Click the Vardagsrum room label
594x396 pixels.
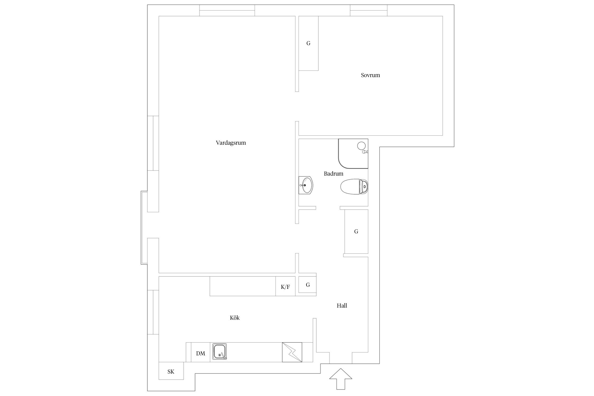point(231,143)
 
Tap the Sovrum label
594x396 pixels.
point(370,75)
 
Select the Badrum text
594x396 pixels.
point(333,173)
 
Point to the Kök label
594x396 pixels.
point(235,318)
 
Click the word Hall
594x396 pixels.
point(342,305)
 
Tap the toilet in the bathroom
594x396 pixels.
point(354,187)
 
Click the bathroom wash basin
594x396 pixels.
point(306,185)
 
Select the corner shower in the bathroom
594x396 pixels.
point(353,154)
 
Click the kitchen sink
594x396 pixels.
point(220,352)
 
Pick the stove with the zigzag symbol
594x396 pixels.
point(292,352)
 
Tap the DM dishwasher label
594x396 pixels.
point(201,353)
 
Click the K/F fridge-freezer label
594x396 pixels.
point(285,287)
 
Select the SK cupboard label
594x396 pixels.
point(171,372)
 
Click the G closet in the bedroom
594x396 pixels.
point(308,43)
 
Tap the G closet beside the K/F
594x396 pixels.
point(308,285)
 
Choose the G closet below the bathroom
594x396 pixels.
point(356,232)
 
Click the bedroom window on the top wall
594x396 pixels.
point(369,10)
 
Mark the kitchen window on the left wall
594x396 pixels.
point(153,312)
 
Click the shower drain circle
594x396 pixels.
point(361,145)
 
